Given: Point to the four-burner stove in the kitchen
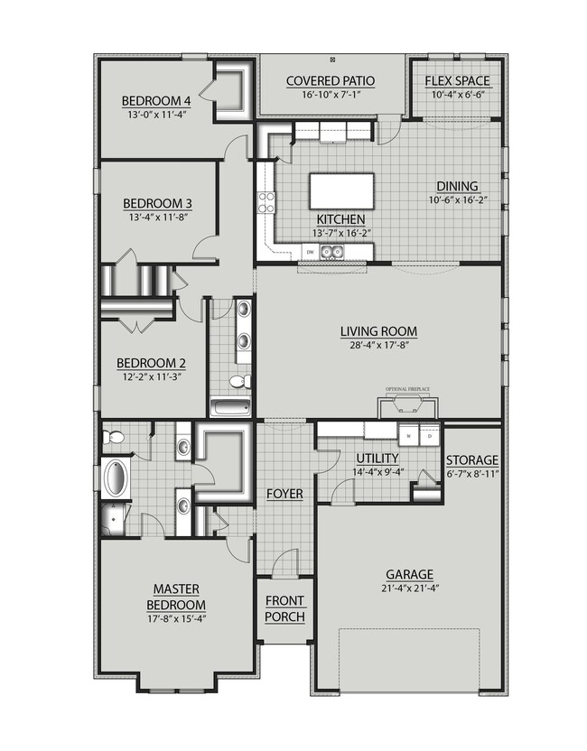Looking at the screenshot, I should [266, 202].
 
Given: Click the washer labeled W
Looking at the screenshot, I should [411, 435].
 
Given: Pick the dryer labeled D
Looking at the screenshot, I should [430, 435].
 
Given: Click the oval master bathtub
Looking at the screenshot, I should [116, 478].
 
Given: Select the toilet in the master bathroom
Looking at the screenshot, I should [113, 439].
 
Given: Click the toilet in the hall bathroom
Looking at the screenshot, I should [238, 383].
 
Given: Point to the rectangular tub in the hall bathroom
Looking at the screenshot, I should [230, 406].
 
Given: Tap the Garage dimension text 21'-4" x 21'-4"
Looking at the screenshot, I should [409, 589].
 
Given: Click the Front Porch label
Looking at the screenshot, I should [284, 609].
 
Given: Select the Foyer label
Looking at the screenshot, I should [284, 495].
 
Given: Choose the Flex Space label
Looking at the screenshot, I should [457, 80].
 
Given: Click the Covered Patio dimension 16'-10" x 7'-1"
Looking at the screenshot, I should [331, 93].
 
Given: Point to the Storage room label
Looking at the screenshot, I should [472, 459].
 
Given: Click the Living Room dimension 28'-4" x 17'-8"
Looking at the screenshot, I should [377, 344].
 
